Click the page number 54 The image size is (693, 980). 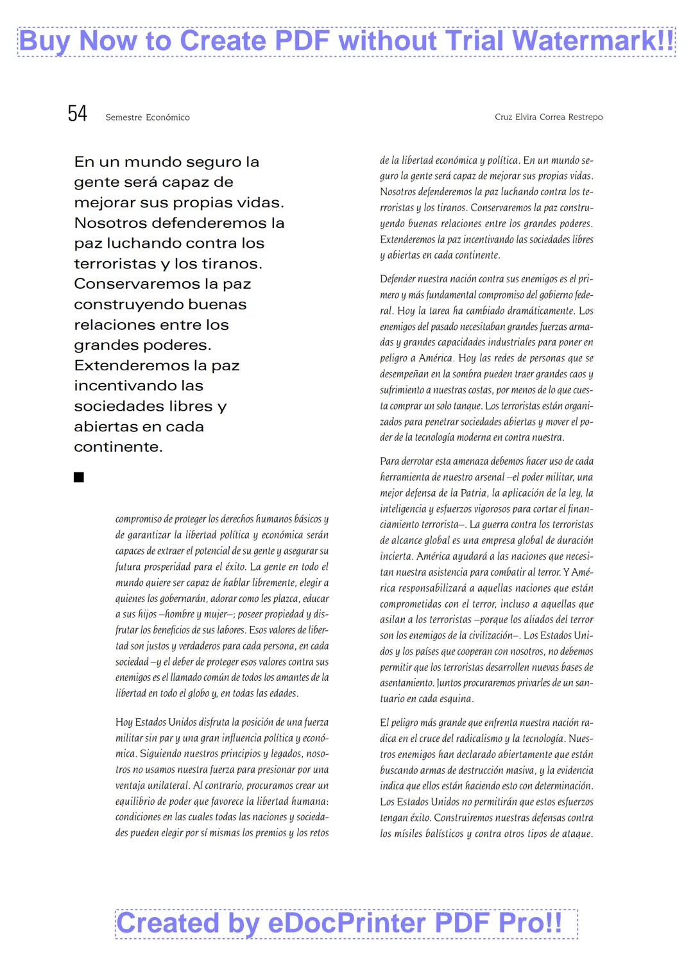(77, 114)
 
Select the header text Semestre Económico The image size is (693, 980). (148, 117)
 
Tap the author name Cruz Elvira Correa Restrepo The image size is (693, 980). (549, 117)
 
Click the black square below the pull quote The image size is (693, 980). (79, 477)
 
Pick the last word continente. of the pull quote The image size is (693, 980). (118, 447)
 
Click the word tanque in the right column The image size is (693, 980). (466, 406)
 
